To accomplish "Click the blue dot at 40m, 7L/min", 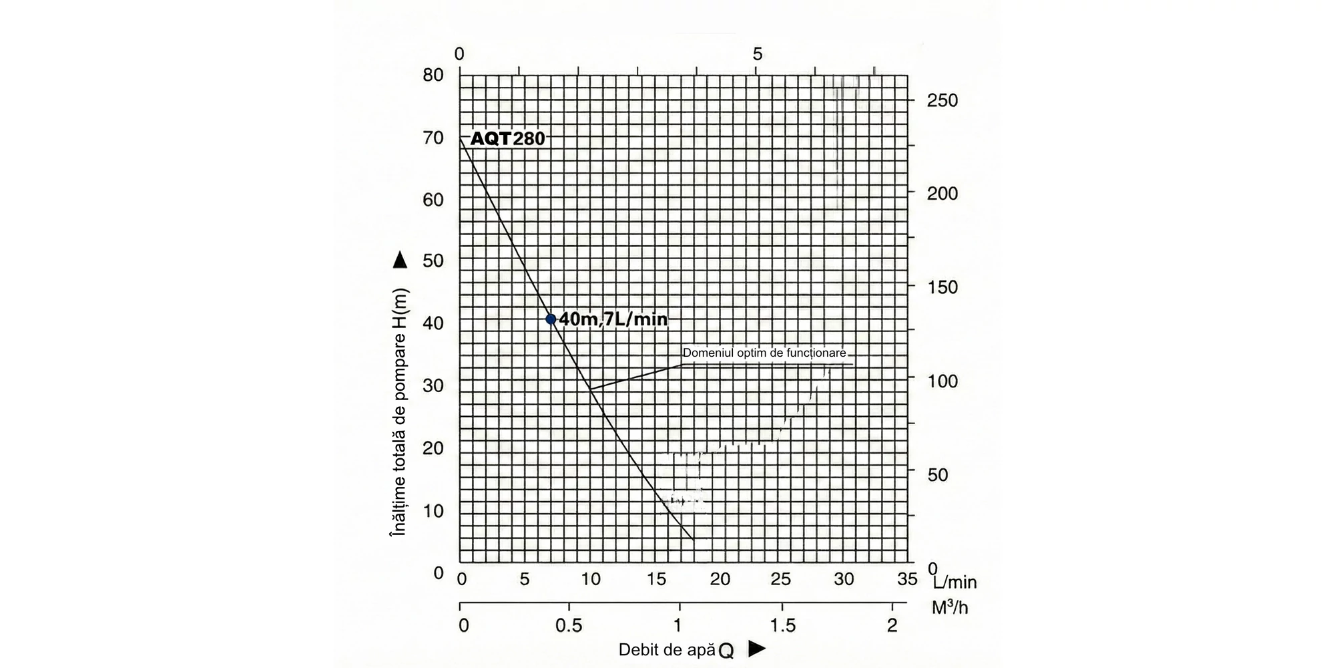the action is click(551, 319).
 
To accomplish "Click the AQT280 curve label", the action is click(508, 138).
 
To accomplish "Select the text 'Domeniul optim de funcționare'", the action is click(764, 353).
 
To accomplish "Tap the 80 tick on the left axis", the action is click(433, 75).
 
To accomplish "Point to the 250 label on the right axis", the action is click(942, 101).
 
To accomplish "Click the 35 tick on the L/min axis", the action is click(907, 579).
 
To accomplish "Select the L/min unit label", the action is click(955, 582).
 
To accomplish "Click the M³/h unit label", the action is click(950, 608).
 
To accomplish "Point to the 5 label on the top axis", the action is click(757, 54).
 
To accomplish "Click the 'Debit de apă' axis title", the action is click(667, 650).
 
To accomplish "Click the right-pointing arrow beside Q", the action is click(756, 649).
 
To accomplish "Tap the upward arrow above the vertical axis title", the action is click(400, 260).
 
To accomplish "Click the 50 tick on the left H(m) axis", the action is click(433, 261).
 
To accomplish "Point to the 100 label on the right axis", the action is click(942, 381).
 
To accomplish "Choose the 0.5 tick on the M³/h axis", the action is click(569, 626).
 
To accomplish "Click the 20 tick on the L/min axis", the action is click(720, 579).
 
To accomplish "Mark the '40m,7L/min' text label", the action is click(613, 319).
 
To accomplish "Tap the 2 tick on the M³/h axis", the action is click(892, 626).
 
